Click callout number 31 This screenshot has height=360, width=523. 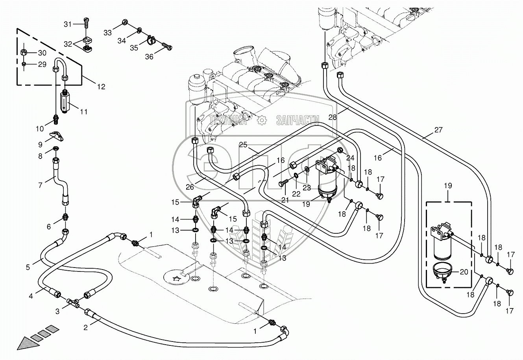(68, 24)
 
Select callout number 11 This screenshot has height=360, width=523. (83, 112)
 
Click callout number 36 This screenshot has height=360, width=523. (149, 57)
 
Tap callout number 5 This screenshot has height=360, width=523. (28, 268)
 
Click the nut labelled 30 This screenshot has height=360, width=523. (24, 52)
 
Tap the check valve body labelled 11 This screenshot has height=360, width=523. (66, 101)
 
